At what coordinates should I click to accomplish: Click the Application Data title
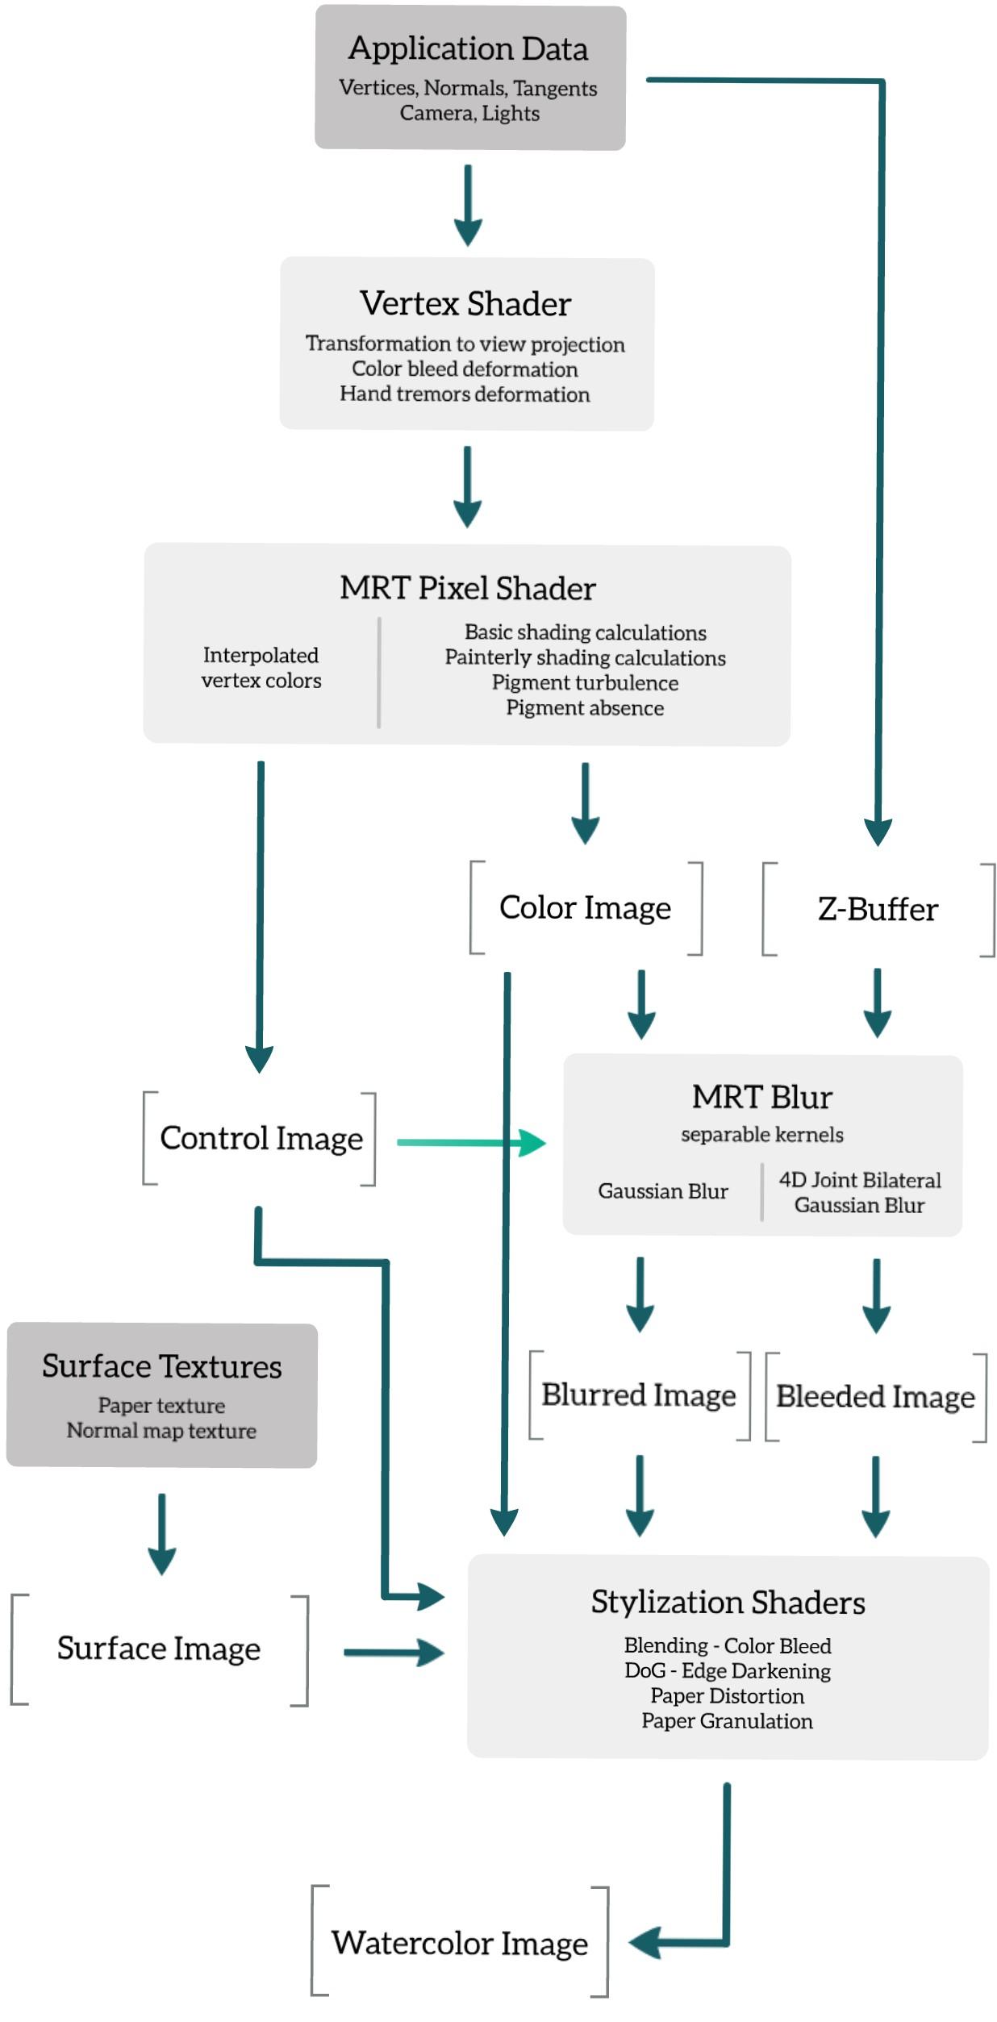point(468,48)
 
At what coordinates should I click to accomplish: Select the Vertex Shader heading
point(465,304)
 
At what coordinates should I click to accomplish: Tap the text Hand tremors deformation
point(465,394)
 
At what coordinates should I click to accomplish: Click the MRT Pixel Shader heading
point(467,588)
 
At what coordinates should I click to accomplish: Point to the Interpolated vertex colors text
point(261,668)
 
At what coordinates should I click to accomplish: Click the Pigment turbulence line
point(585,683)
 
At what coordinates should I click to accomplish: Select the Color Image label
point(585,908)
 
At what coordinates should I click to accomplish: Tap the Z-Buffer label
point(878,910)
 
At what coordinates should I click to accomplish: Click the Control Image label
point(261,1139)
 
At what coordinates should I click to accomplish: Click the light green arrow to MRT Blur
point(472,1143)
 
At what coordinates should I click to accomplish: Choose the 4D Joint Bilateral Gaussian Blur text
point(860,1193)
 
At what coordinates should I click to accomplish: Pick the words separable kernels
point(761,1135)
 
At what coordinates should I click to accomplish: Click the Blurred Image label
point(638,1395)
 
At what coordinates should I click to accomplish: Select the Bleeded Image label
point(875,1397)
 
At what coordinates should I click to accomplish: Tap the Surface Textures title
point(161,1366)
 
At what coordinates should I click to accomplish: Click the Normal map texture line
point(161,1431)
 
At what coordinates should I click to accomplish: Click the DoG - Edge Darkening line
point(727,1670)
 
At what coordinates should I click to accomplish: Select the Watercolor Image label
point(460,1944)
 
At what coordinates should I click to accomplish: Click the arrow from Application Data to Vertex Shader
point(468,206)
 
